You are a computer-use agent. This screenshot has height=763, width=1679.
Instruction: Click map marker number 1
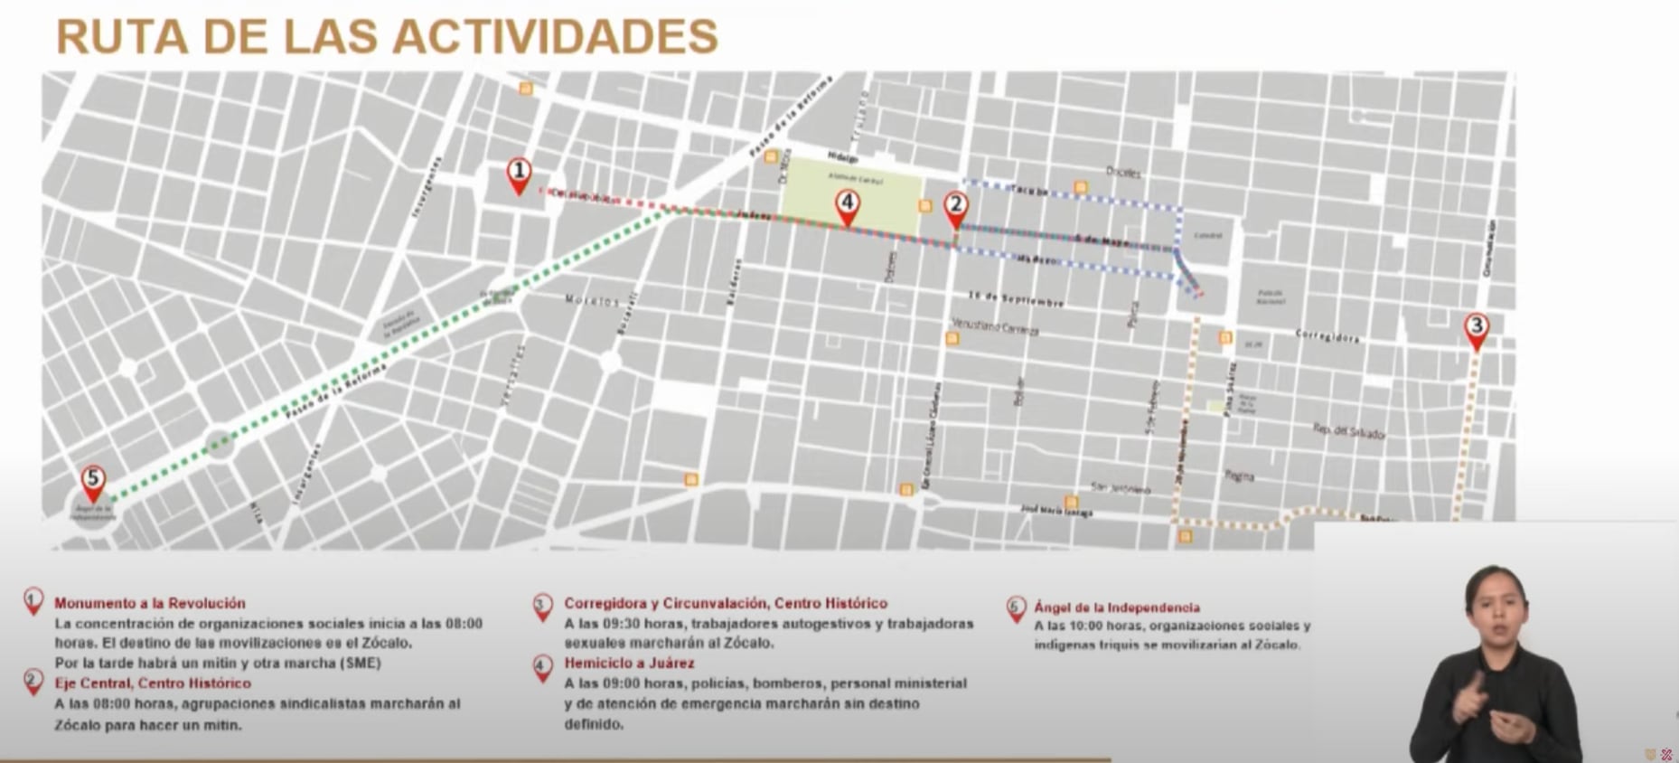click(x=518, y=174)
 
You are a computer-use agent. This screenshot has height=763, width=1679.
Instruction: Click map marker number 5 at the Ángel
click(x=93, y=482)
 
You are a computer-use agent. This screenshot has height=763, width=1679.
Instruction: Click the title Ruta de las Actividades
click(x=387, y=36)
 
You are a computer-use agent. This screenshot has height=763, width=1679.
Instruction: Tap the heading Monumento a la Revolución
click(x=150, y=603)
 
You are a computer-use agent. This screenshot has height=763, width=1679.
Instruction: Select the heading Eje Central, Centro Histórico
click(x=153, y=683)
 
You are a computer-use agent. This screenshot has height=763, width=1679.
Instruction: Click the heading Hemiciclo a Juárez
click(x=629, y=664)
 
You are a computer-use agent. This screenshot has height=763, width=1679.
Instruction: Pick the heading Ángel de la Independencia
click(x=1117, y=608)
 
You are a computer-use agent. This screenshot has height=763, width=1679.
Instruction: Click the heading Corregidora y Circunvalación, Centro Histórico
click(x=726, y=603)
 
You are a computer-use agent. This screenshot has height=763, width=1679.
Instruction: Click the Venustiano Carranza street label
click(x=995, y=326)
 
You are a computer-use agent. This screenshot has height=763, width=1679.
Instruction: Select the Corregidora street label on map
click(x=1327, y=336)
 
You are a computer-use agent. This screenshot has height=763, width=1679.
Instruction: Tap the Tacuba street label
click(x=1029, y=191)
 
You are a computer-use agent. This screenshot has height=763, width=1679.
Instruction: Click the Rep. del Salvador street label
click(x=1349, y=432)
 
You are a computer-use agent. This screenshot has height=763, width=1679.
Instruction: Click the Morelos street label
click(x=593, y=300)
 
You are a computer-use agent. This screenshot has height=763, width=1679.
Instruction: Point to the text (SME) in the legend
click(x=361, y=664)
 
